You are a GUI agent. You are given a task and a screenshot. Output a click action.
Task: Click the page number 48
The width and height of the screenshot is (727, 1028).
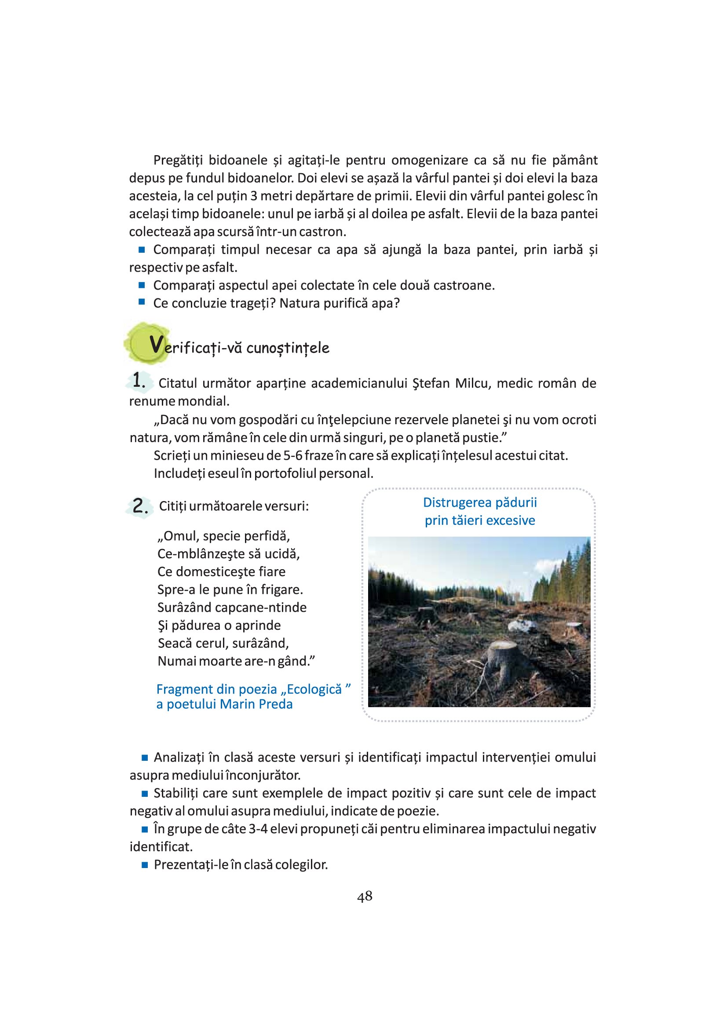pyautogui.click(x=365, y=896)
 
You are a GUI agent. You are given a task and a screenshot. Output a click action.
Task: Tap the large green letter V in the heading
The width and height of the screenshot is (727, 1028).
pyautogui.click(x=156, y=345)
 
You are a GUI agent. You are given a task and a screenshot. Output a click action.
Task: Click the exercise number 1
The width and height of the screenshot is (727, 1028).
pyautogui.click(x=139, y=381)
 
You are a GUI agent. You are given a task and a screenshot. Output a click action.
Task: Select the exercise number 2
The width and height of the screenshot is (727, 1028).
pyautogui.click(x=140, y=506)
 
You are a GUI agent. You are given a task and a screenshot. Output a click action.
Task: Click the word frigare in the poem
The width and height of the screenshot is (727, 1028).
pyautogui.click(x=281, y=590)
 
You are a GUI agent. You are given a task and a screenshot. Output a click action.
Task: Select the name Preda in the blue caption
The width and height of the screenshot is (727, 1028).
pyautogui.click(x=276, y=704)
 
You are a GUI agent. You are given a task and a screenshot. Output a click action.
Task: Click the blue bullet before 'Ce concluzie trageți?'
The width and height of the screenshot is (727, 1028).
pyautogui.click(x=142, y=302)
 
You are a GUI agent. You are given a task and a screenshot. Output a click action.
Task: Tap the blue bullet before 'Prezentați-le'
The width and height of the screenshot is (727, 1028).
pyautogui.click(x=145, y=865)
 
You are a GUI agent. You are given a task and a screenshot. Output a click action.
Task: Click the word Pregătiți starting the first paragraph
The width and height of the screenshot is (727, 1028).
pyautogui.click(x=178, y=160)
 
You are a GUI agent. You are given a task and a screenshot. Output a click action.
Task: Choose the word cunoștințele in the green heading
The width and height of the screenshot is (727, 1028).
pyautogui.click(x=288, y=349)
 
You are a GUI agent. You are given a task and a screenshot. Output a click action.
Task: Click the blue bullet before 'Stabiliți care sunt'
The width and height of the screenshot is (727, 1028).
pyautogui.click(x=145, y=793)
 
